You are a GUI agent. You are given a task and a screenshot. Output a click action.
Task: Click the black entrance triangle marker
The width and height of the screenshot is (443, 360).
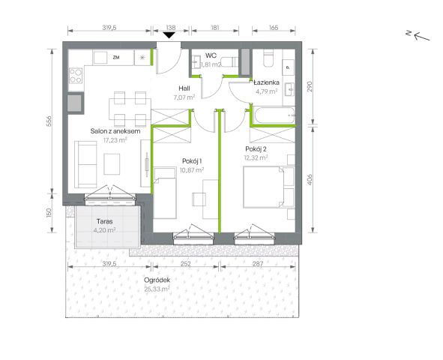click(x=169, y=35)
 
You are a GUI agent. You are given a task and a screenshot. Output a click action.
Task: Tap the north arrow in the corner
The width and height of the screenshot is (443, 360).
click(x=418, y=35)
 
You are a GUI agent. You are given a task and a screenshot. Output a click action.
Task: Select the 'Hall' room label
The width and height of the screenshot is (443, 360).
click(x=184, y=88)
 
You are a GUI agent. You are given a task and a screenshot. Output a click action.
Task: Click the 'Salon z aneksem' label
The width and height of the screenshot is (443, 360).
click(x=115, y=131)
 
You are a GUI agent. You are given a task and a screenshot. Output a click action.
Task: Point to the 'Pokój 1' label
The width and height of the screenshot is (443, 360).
click(x=192, y=161)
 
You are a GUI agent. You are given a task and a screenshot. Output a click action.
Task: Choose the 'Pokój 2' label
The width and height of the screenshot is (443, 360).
click(x=256, y=149)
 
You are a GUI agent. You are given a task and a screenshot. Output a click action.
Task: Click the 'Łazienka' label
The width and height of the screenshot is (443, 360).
click(x=266, y=82)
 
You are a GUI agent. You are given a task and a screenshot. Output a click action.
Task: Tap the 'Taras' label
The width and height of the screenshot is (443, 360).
click(x=104, y=221)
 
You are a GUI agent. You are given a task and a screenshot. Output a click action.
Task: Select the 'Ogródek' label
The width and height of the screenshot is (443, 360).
click(x=157, y=280)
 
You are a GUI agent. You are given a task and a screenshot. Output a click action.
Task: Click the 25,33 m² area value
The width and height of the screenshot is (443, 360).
click(x=157, y=289)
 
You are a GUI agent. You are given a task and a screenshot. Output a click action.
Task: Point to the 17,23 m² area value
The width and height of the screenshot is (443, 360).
click(x=115, y=139)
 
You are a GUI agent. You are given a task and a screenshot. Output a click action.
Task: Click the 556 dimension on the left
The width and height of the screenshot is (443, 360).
click(x=49, y=121)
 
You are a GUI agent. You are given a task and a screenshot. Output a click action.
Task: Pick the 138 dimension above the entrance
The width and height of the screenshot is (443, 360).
click(x=171, y=28)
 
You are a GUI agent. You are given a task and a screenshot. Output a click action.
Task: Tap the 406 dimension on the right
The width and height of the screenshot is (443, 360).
click(x=310, y=180)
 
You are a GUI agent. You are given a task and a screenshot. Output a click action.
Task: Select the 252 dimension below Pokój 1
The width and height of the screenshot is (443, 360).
click(x=186, y=264)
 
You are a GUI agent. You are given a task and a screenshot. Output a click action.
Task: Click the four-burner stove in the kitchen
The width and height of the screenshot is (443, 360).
click(x=76, y=76)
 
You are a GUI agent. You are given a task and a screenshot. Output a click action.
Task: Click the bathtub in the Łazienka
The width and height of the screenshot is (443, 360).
click(x=274, y=115)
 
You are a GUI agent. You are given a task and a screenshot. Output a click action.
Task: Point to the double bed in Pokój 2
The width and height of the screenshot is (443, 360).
click(x=268, y=187)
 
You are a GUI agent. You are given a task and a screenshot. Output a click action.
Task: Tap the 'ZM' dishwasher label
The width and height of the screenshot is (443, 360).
click(x=116, y=58)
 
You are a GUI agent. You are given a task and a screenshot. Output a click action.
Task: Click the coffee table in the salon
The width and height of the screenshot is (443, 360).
click(x=112, y=164)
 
